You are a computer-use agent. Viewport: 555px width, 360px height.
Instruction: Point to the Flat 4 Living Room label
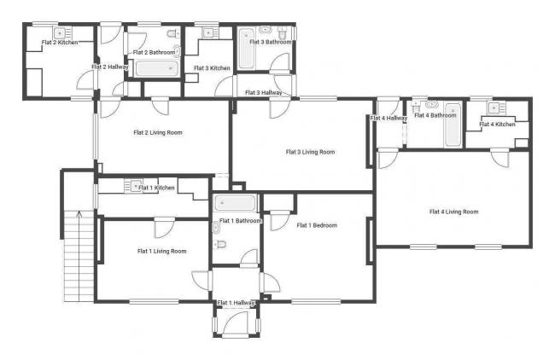[x=453, y=212]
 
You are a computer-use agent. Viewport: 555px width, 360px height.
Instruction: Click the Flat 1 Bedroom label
[x=317, y=225]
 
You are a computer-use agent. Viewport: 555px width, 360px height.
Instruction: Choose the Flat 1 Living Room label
[x=162, y=251]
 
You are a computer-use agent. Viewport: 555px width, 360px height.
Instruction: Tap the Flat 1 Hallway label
[x=237, y=303]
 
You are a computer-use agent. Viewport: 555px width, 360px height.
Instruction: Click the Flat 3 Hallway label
[x=264, y=92]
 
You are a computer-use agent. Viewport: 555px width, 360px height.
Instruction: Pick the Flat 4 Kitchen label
[x=497, y=125]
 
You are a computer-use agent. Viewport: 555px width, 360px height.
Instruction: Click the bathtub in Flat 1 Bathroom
[x=236, y=204]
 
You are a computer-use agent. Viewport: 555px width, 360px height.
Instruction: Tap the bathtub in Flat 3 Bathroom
[x=247, y=49]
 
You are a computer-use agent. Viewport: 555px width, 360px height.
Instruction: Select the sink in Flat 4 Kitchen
[x=494, y=107]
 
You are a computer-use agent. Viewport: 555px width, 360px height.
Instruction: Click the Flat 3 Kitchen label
[x=212, y=68]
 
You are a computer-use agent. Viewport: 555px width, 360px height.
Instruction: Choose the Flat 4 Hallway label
[x=388, y=118]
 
